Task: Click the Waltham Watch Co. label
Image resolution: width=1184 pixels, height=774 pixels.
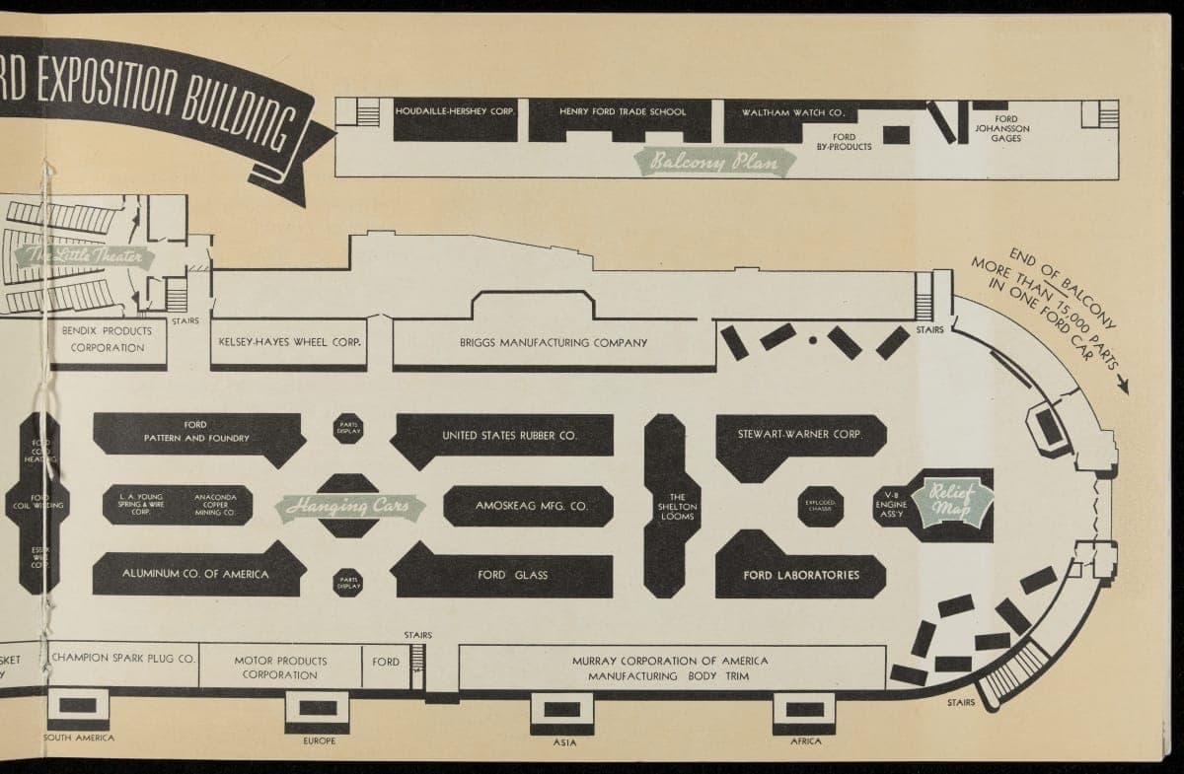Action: point(799,112)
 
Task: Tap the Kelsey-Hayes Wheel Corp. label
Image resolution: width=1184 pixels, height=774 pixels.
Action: point(289,343)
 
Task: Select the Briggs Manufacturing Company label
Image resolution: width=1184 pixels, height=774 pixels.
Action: point(553,343)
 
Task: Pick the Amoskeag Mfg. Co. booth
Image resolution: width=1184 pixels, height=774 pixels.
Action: point(531,506)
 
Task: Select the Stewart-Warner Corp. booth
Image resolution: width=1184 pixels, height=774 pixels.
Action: point(800,435)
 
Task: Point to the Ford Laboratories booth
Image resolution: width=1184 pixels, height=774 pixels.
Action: point(800,575)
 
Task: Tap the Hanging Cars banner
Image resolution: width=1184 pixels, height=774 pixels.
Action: point(349,507)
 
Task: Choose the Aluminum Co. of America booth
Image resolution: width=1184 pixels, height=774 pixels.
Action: point(195,574)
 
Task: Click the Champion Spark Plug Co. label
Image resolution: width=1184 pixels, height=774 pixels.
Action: point(124,656)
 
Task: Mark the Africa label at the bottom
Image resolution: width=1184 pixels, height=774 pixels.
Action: point(806,740)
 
